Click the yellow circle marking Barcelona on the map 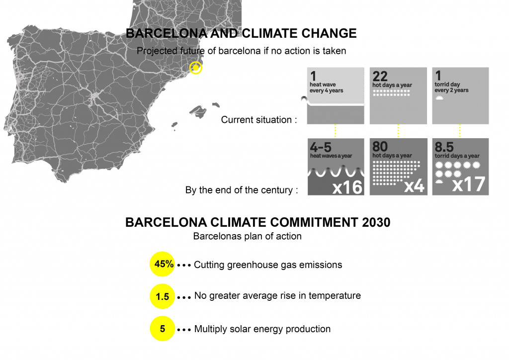tap(196, 68)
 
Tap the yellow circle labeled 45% tap(163, 264)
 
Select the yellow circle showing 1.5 tap(163, 296)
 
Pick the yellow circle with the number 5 tap(163, 329)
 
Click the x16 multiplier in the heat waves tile tap(347, 186)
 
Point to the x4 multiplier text tap(414, 185)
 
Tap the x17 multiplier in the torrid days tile tap(469, 184)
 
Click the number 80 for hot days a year tap(380, 146)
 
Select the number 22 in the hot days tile tap(380, 77)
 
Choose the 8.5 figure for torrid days tap(444, 147)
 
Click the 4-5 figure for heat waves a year tap(321, 147)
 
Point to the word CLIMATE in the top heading tap(270, 33)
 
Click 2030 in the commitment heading tap(376, 222)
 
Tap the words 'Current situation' tap(256, 120)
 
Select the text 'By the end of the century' tap(239, 190)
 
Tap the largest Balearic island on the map tap(198, 111)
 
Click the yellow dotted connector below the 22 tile tap(398, 131)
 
